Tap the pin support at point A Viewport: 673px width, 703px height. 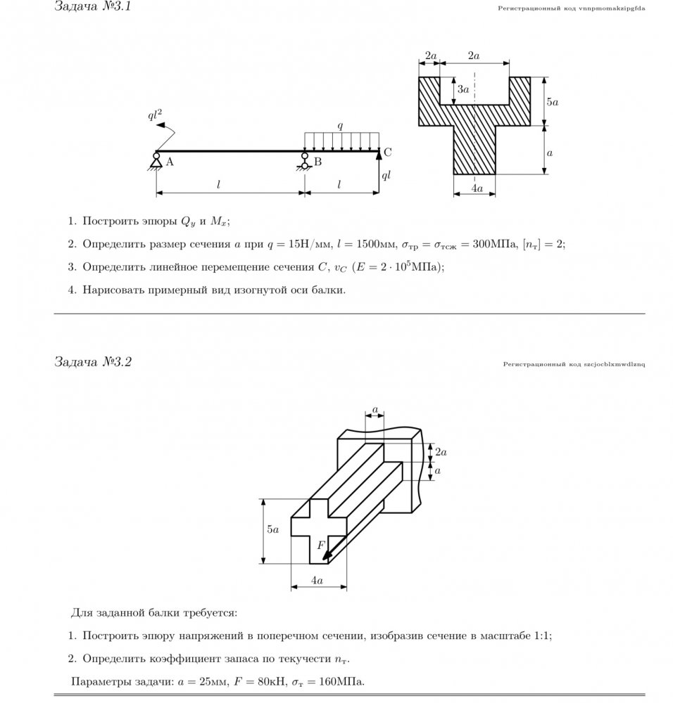[x=156, y=161]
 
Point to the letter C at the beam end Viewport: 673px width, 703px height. [x=387, y=152]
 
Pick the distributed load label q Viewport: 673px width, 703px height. [x=340, y=126]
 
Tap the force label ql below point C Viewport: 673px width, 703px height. [x=386, y=176]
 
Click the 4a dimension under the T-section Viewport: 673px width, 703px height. [x=477, y=188]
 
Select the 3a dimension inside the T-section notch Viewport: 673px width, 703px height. [x=463, y=90]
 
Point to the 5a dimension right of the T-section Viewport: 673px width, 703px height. [x=553, y=102]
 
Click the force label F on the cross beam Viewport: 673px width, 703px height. [x=320, y=545]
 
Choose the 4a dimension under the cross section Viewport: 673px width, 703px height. [x=317, y=581]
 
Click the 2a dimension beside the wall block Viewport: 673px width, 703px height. [x=441, y=451]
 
